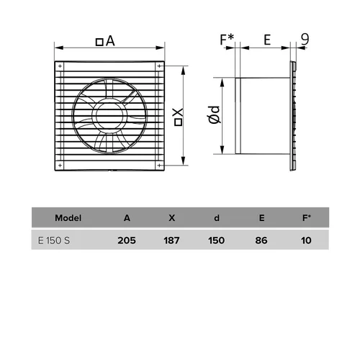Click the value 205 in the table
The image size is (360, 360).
click(127, 240)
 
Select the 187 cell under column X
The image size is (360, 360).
click(171, 240)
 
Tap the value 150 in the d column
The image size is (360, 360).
click(217, 240)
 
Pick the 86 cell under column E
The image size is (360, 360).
click(261, 240)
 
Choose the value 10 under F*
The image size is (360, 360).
click(306, 240)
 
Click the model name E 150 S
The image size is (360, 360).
click(54, 240)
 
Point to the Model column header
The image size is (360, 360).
click(68, 218)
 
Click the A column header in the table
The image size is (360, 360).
click(127, 218)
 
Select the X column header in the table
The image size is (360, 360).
click(172, 218)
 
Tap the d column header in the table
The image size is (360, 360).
click(217, 218)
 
